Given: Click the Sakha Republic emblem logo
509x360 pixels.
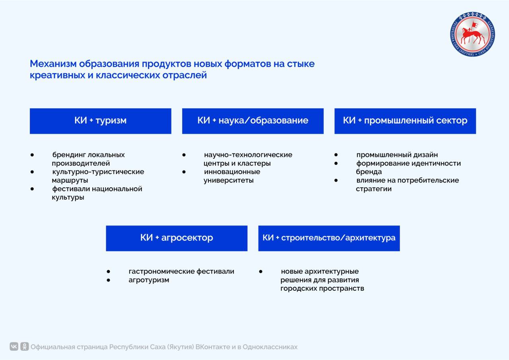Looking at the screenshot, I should click(472, 34).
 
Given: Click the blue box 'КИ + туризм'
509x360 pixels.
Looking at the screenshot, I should click(100, 121).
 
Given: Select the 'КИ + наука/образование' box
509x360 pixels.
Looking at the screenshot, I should click(253, 121).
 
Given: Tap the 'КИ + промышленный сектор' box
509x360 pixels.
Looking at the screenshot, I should click(405, 121).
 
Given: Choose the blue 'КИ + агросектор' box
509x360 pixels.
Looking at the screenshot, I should click(177, 238).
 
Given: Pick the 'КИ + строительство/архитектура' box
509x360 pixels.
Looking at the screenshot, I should click(329, 238).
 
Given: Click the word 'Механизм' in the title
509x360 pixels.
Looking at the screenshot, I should click(53, 64).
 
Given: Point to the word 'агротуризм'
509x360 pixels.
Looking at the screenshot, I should click(149, 280).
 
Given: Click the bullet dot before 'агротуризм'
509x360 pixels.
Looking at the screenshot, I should click(108, 280).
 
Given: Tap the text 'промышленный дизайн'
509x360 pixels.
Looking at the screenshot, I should click(397, 155).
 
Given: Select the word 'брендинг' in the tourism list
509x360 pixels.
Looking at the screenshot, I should click(69, 155).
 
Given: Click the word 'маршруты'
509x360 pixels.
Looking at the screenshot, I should click(70, 180).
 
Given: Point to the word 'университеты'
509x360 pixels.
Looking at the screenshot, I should click(228, 181).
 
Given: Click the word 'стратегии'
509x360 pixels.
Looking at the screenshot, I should click(373, 189).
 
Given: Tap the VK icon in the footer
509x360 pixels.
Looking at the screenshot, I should click(14, 346).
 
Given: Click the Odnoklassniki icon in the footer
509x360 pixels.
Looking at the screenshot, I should click(25, 346).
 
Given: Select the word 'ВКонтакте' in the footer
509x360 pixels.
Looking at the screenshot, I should click(213, 347).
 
